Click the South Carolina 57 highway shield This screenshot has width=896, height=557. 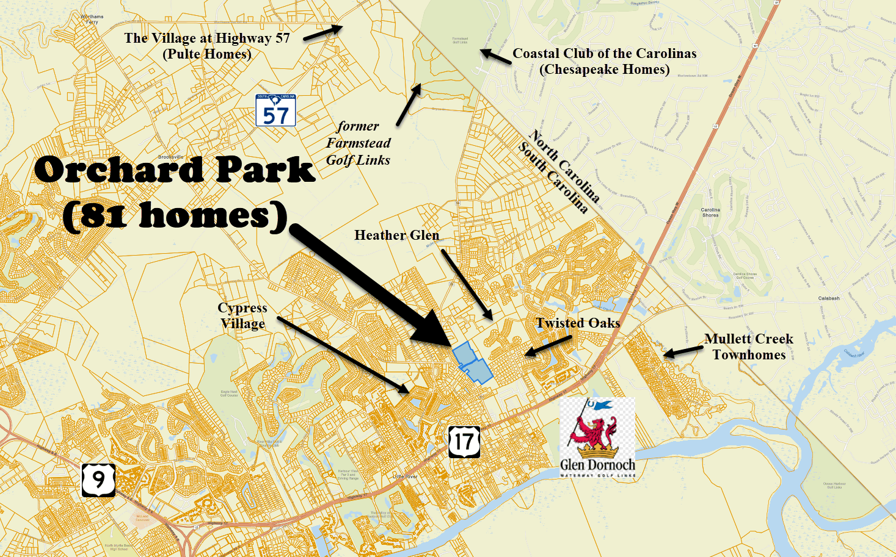(275, 110)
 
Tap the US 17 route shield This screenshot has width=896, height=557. (464, 442)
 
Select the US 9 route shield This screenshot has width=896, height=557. (98, 480)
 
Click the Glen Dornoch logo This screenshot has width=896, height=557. (597, 437)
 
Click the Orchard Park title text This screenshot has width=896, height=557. (175, 170)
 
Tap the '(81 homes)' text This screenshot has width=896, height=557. (175, 216)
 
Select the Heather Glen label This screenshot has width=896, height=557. (396, 235)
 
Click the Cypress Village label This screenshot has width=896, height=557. (242, 315)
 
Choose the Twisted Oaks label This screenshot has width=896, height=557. (578, 323)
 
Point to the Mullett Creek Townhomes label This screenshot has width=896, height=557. (749, 347)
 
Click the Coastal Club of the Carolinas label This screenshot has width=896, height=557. (604, 61)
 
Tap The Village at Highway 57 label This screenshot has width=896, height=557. (207, 46)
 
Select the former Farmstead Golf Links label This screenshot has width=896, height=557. (358, 143)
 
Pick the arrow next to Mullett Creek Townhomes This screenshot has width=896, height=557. (683, 351)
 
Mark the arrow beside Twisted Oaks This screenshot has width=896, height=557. (548, 345)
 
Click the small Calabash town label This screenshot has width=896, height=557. (829, 298)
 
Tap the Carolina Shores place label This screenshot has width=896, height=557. (710, 212)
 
